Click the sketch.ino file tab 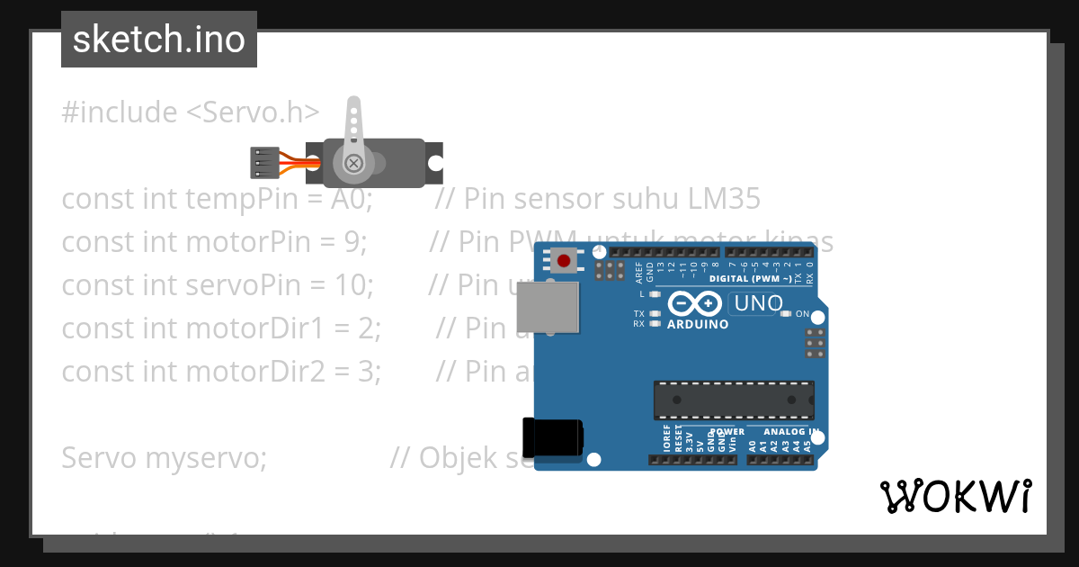tap(159, 40)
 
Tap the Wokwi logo tap(955, 496)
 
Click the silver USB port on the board tap(547, 307)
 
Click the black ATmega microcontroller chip tap(733, 400)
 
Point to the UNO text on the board tap(757, 303)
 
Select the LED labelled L tap(655, 294)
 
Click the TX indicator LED tap(655, 313)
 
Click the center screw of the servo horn tap(354, 163)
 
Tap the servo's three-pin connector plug tap(263, 163)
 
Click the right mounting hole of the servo tap(435, 164)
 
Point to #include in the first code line tap(120, 112)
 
